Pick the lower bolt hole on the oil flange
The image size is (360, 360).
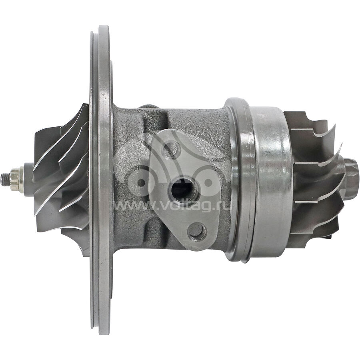pyautogui.click(x=197, y=230)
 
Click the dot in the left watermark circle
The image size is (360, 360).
pyautogui.click(x=141, y=183)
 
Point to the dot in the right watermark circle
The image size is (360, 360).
pyautogui.click(x=208, y=182)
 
